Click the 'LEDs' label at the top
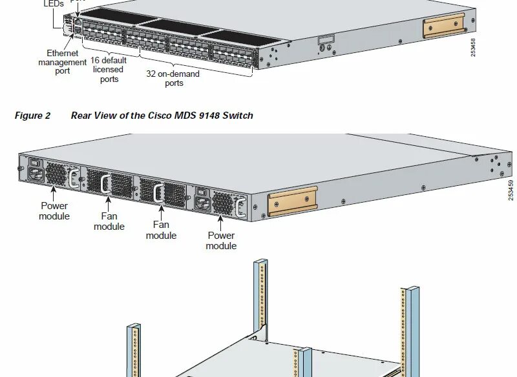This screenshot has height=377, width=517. point(54,4)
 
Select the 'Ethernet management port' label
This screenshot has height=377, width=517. point(62,62)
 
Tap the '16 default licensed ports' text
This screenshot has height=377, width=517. point(109,70)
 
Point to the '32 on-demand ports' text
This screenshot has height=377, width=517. point(173,78)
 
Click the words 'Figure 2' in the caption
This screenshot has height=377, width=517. point(32,116)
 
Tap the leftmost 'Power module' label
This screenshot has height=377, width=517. point(54,211)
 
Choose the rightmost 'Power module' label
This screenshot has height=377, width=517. point(221,240)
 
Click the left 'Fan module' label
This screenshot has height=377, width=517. point(109,221)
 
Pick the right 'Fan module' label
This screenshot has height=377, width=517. point(161,230)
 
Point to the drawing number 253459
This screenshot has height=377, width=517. point(511,190)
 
